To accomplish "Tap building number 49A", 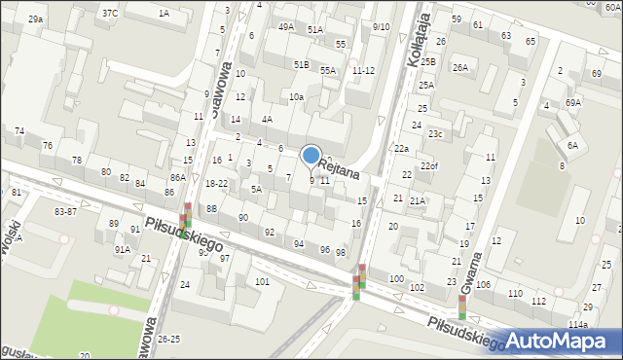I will (x=285, y=27).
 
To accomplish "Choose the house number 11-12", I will (x=363, y=70).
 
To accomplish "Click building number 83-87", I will (x=65, y=211).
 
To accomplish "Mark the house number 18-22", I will (x=216, y=183).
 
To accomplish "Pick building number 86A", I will (x=177, y=178).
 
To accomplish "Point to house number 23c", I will (x=435, y=134).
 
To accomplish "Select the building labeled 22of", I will (x=429, y=166).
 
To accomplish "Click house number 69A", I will (x=573, y=102).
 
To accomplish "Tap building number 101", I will (x=262, y=281).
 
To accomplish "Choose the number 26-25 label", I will (x=168, y=340).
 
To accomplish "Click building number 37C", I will (x=110, y=13).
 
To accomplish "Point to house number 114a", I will (x=578, y=324).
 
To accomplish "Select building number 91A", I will (x=122, y=249).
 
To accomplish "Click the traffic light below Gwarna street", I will (x=461, y=307).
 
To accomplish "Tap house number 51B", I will (x=302, y=64).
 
